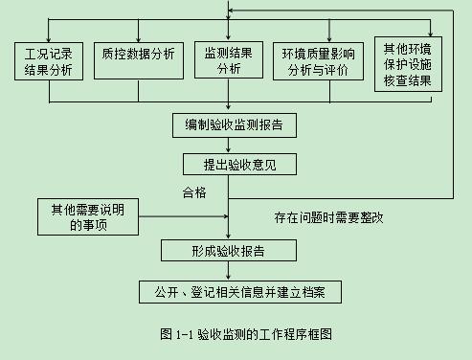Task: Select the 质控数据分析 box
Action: pyautogui.click(x=139, y=53)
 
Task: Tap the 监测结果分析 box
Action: pyautogui.click(x=229, y=59)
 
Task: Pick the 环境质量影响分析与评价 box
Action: pyautogui.click(x=317, y=60)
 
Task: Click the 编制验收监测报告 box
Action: pyautogui.click(x=228, y=125)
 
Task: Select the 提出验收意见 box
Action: pyautogui.click(x=228, y=164)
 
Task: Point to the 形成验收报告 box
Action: pyautogui.click(x=228, y=251)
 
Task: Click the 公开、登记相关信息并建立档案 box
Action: pyautogui.click(x=227, y=290)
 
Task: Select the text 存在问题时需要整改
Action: pyautogui.click(x=327, y=217)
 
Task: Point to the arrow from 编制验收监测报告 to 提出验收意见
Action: pyautogui.click(x=228, y=145)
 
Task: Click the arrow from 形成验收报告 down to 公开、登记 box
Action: pyautogui.click(x=228, y=270)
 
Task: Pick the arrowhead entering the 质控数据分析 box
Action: pyautogui.click(x=139, y=36)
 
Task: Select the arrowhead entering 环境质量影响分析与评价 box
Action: pyautogui.click(x=317, y=36)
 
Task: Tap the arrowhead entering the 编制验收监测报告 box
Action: pyautogui.click(x=228, y=109)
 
